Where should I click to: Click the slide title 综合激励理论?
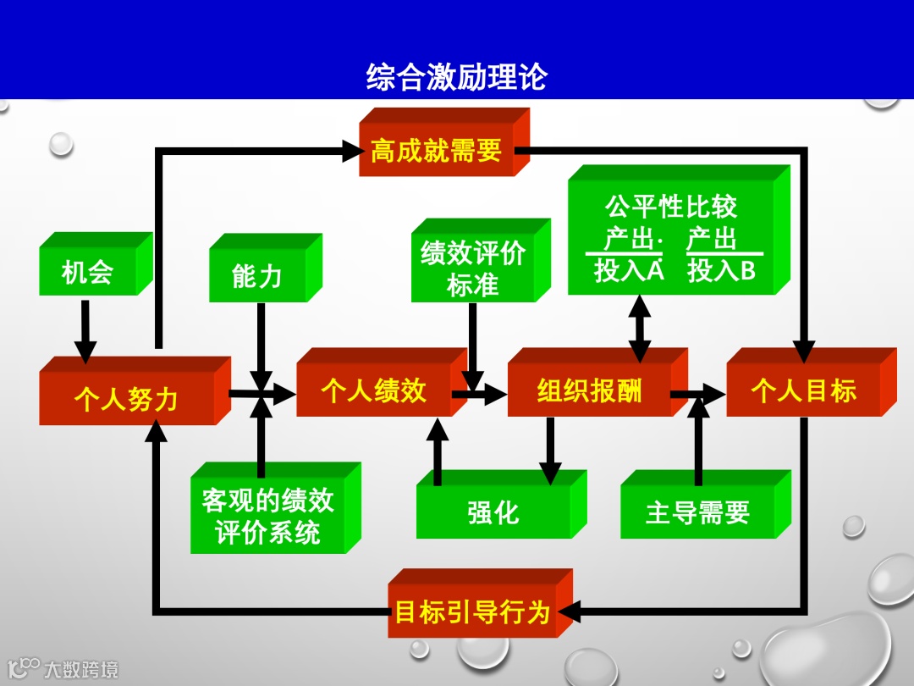[x=457, y=77]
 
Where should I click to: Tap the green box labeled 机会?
[x=88, y=273]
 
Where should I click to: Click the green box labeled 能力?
[x=257, y=276]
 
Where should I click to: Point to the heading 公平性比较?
[x=671, y=207]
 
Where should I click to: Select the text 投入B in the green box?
[x=721, y=271]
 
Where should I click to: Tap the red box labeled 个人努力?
[x=126, y=399]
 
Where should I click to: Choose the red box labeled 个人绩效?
[x=373, y=391]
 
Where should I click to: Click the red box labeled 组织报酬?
[x=589, y=391]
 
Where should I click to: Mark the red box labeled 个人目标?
[x=803, y=391]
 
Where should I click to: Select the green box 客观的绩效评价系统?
[x=267, y=517]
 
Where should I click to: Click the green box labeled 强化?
[x=493, y=512]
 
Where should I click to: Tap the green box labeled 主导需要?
[x=697, y=512]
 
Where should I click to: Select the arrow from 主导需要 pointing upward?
[x=698, y=440]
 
